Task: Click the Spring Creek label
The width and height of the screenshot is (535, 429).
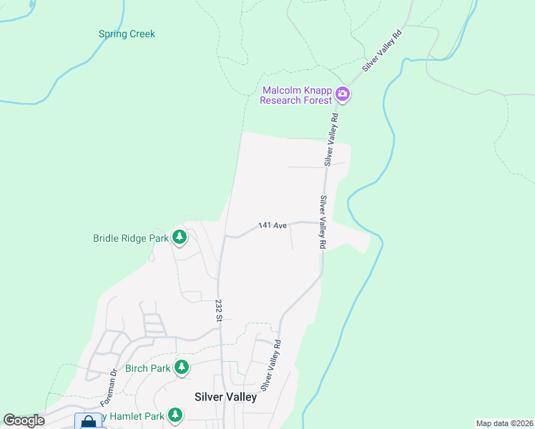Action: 127,34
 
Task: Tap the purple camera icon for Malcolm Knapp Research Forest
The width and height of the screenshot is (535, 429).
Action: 342,94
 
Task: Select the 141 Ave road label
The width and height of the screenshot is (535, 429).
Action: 273,225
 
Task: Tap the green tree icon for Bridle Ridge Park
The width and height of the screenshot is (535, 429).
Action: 179,237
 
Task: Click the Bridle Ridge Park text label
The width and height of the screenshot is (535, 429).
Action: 130,238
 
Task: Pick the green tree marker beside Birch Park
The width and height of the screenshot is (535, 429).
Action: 182,368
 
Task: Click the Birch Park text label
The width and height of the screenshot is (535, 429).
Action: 147,368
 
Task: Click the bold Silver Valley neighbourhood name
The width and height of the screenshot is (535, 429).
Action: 226,397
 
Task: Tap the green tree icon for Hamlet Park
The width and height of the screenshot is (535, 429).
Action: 175,415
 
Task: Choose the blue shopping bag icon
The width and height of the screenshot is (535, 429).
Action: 88,422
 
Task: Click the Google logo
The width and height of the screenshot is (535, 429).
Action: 24,420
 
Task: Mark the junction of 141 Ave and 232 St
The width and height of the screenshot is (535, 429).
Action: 224,235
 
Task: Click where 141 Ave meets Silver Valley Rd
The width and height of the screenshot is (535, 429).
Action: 319,223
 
